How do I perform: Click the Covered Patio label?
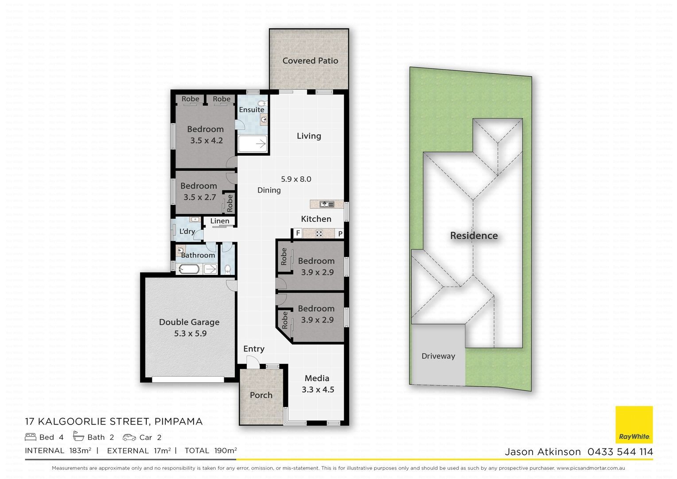pyautogui.click(x=310, y=61)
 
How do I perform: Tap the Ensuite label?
pyautogui.click(x=252, y=110)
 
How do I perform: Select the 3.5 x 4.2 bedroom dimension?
pyautogui.click(x=206, y=141)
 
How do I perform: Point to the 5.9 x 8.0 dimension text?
pyautogui.click(x=296, y=179)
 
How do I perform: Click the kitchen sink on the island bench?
pyautogui.click(x=327, y=204)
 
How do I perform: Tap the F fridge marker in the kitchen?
pyautogui.click(x=298, y=233)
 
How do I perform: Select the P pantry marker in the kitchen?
pyautogui.click(x=340, y=234)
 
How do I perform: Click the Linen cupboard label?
pyautogui.click(x=220, y=221)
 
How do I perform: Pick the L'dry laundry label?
pyautogui.click(x=187, y=232)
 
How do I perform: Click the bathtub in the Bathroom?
pyautogui.click(x=189, y=269)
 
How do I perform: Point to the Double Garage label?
pyautogui.click(x=189, y=322)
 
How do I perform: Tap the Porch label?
pyautogui.click(x=261, y=395)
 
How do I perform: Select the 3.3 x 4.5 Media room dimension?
pyautogui.click(x=318, y=390)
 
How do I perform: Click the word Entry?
pyautogui.click(x=254, y=349)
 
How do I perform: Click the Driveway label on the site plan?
pyautogui.click(x=438, y=356)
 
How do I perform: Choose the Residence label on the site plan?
pyautogui.click(x=474, y=236)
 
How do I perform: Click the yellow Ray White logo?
pyautogui.click(x=634, y=424)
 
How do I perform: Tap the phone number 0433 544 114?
pyautogui.click(x=620, y=452)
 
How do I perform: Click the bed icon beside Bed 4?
pyautogui.click(x=31, y=437)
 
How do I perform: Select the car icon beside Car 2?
pyautogui.click(x=129, y=437)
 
